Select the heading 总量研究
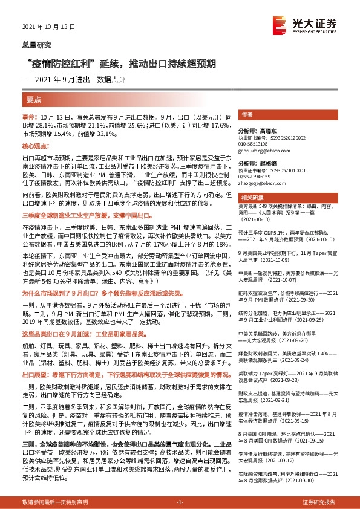coord(37,44)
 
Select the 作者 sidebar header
coord(246,114)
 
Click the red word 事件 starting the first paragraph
coord(30,115)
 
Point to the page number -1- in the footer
coord(179,502)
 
